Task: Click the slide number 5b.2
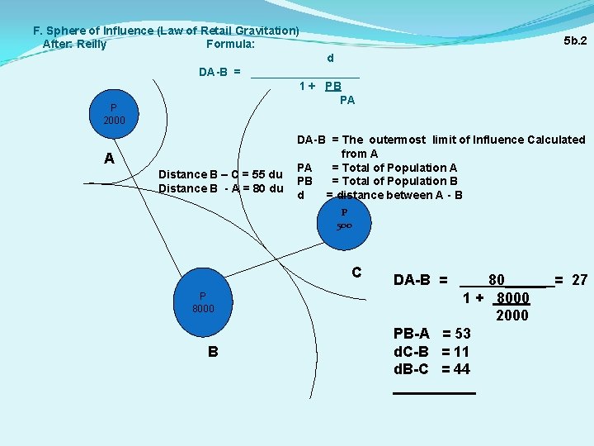pos(575,40)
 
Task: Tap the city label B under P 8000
pos(213,351)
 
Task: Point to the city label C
pos(356,273)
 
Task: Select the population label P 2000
pos(114,114)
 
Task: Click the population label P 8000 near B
pos(203,302)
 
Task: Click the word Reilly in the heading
pos(92,45)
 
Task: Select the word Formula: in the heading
pos(230,45)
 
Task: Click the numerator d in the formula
pos(330,59)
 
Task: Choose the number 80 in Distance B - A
pos(257,188)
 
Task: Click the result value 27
pos(579,280)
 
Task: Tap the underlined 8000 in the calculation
pos(512,298)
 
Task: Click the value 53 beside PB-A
pos(462,334)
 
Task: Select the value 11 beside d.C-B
pos(461,351)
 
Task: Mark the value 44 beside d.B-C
pos(462,368)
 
